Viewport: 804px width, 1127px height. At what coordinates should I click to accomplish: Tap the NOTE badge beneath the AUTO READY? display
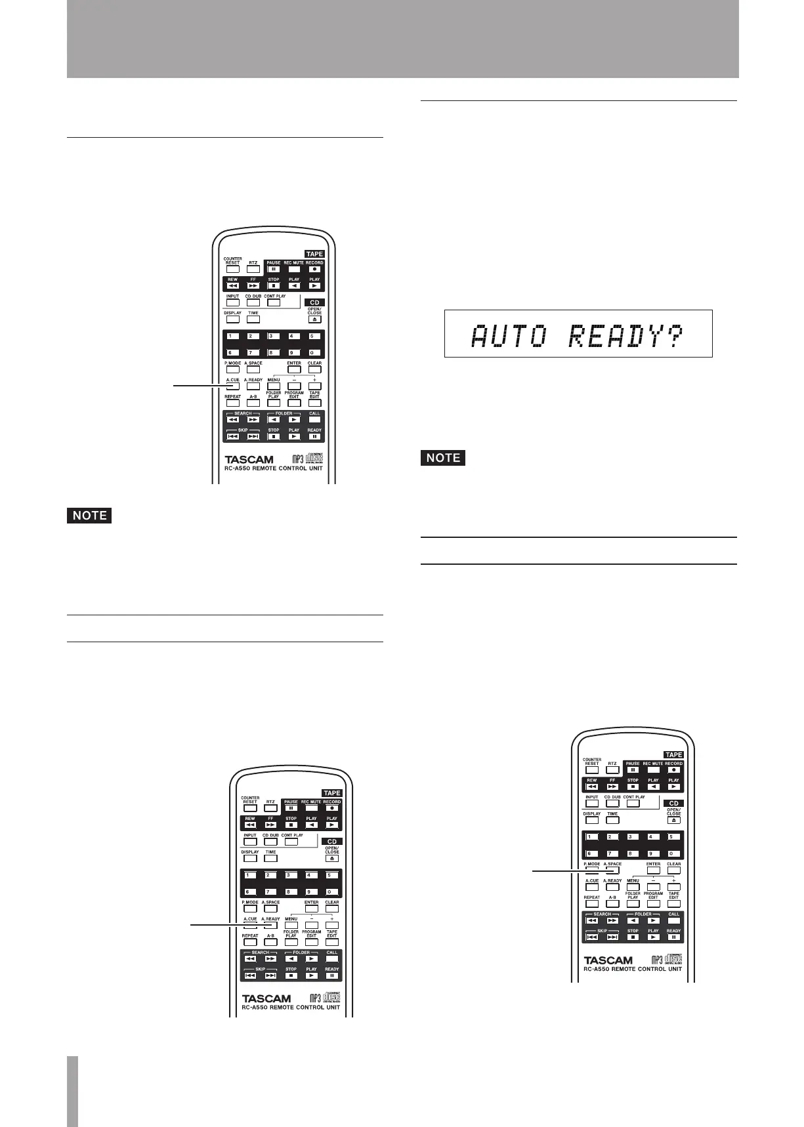[443, 458]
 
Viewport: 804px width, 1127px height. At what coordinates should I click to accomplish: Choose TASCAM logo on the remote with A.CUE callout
[249, 460]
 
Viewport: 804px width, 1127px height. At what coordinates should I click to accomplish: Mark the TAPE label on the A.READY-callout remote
[332, 793]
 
